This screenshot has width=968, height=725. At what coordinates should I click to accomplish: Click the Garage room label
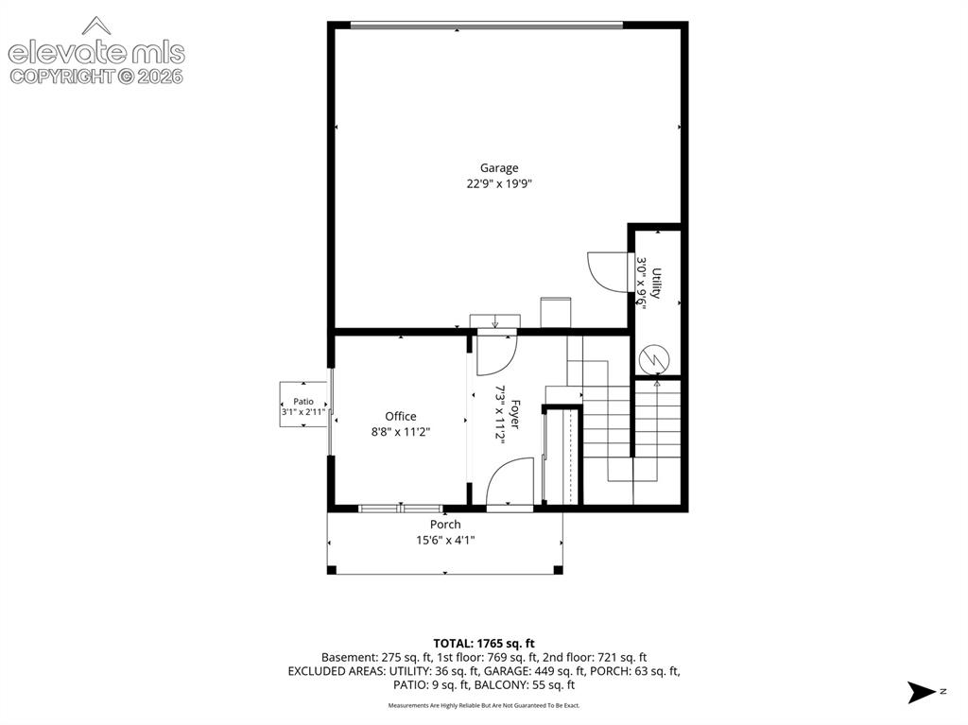coord(499,168)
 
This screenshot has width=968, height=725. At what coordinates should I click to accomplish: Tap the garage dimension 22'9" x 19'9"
coord(499,183)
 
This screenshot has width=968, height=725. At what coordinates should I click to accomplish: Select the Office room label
coord(401,416)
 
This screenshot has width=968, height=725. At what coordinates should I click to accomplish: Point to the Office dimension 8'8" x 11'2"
coord(401,432)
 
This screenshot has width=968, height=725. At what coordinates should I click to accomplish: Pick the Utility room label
coord(656,284)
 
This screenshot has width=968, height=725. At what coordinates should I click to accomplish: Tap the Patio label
coord(303,402)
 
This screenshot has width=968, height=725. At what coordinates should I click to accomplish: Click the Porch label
coord(445,525)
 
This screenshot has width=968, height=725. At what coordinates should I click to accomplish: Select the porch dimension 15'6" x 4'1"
coord(445,541)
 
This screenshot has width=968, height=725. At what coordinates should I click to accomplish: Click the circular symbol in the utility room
coord(654,359)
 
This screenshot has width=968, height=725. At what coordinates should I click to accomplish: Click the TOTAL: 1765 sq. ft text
coord(484,644)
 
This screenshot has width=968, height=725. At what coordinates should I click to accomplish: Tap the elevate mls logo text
coord(96,53)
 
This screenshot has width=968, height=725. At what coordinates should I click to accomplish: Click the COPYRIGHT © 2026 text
coord(96,77)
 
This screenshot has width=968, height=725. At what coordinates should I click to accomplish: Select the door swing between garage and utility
coord(608,271)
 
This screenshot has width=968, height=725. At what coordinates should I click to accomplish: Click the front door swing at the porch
coord(510,482)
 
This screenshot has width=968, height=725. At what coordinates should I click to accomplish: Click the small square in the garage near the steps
coord(556,313)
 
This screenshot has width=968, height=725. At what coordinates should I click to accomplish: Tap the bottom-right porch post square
coord(558,570)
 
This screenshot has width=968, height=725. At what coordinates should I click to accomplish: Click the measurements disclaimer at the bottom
coord(484,705)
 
